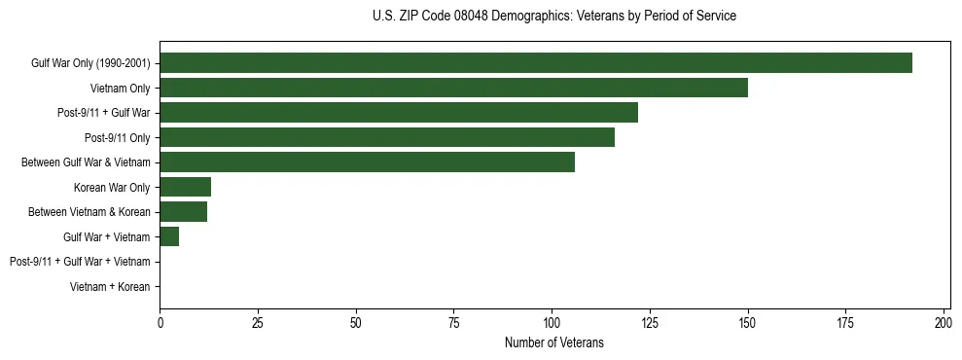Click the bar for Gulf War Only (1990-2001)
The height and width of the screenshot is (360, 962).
point(536,63)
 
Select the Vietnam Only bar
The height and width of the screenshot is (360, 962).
point(453,88)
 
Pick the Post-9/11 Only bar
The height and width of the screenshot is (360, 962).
point(387,137)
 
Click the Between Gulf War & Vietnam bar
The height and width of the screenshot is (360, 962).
point(367,162)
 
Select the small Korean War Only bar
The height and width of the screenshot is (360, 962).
point(185,187)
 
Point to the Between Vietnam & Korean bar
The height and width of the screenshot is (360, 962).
point(183,212)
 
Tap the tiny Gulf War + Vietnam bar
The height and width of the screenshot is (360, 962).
point(169,236)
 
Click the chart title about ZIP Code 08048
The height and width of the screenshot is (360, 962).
point(554,17)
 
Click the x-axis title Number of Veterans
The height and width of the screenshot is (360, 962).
point(554,343)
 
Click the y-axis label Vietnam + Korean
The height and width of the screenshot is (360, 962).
point(110,287)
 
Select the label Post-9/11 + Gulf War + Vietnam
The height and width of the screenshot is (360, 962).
point(80,262)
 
